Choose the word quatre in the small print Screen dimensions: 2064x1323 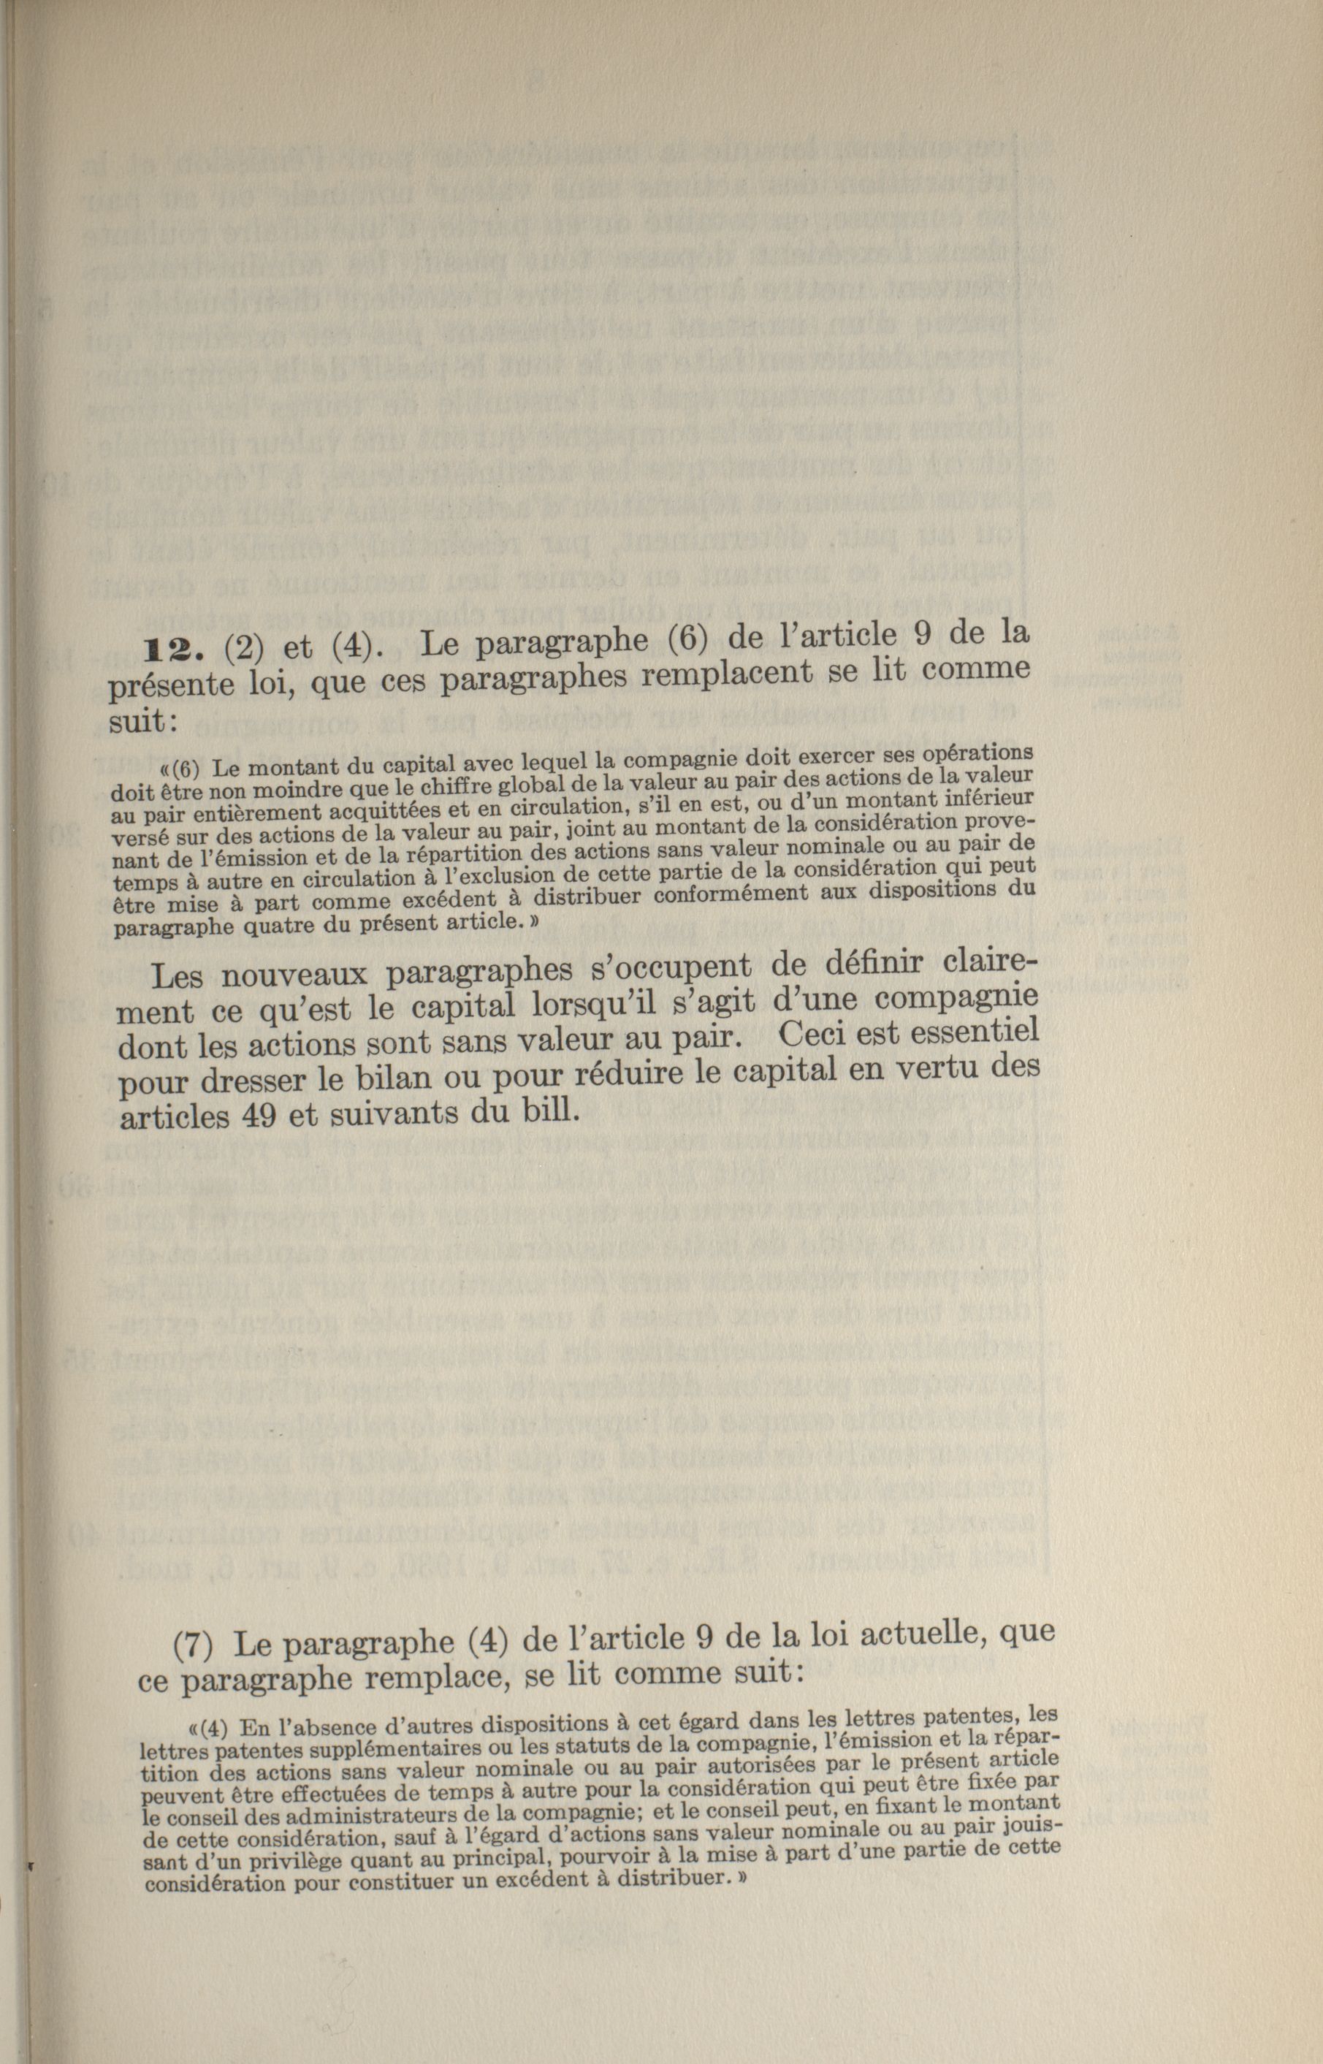289,926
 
